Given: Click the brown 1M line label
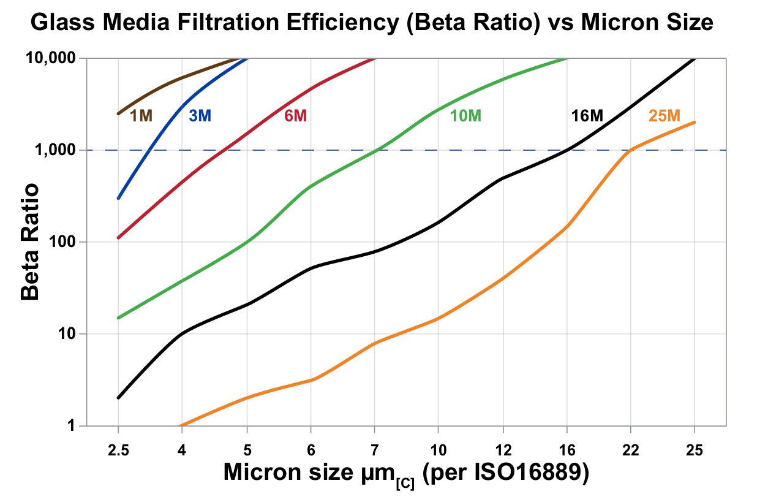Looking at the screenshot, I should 141,115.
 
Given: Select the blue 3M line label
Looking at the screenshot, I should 200,115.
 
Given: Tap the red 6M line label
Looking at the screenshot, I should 295,115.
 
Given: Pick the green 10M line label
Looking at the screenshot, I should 466,115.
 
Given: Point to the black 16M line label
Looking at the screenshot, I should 587,115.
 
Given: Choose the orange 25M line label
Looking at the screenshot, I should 664,115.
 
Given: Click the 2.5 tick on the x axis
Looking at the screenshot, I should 118,450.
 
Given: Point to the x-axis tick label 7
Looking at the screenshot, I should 374,450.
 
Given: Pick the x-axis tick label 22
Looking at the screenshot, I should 630,450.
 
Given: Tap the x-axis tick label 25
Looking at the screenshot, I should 694,450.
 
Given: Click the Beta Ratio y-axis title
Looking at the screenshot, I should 30,241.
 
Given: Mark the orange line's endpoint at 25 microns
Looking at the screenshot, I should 694,122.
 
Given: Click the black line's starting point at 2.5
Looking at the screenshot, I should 118,398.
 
